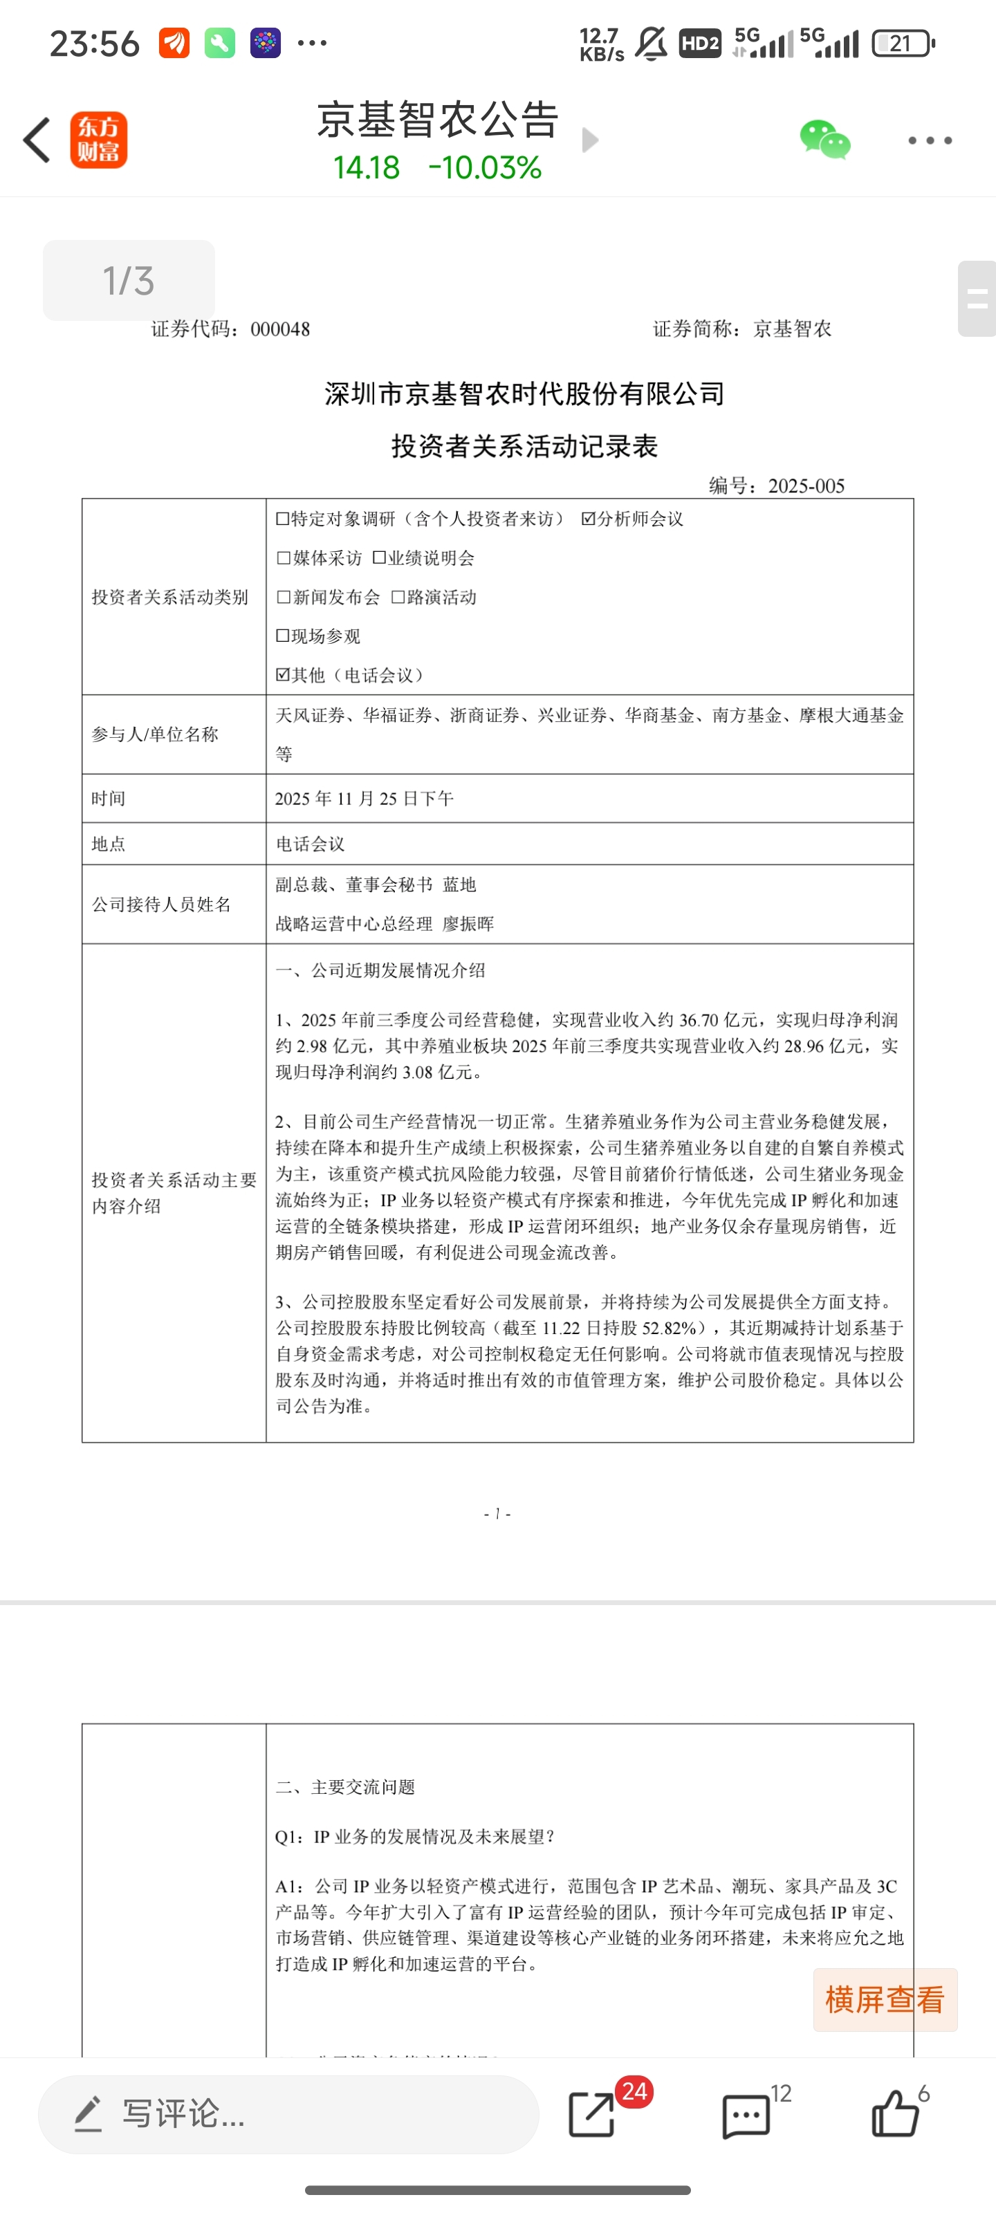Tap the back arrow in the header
(x=37, y=140)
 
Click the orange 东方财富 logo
(x=99, y=140)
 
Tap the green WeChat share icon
(x=824, y=140)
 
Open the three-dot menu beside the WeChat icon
(x=930, y=140)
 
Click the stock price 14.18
(x=366, y=167)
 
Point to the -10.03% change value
(x=485, y=167)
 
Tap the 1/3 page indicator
(x=129, y=281)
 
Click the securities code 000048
(x=280, y=329)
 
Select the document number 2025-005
(x=806, y=486)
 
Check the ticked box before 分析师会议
(x=589, y=519)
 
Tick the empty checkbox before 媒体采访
(x=284, y=558)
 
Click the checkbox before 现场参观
(x=283, y=636)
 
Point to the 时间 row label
(x=109, y=799)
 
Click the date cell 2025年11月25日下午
(x=365, y=799)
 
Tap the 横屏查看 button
(x=884, y=2000)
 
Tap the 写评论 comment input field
(x=288, y=2113)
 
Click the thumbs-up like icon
(x=896, y=2114)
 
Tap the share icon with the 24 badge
(x=593, y=2114)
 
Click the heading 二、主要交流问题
(x=345, y=1788)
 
